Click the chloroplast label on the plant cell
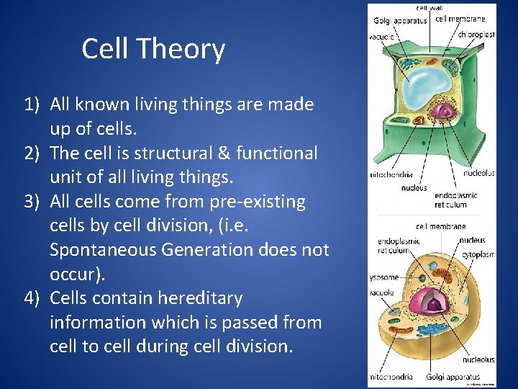[476, 33]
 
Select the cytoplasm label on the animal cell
[478, 254]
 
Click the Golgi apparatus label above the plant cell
[400, 20]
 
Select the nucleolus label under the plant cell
[478, 173]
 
